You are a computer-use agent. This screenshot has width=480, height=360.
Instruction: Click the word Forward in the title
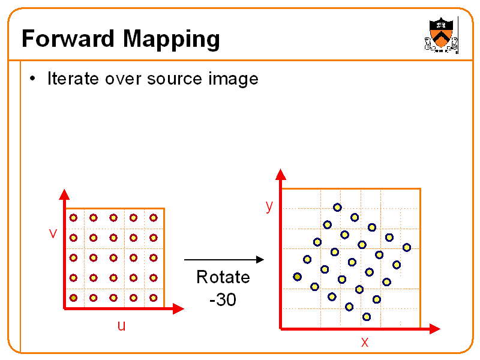click(68, 39)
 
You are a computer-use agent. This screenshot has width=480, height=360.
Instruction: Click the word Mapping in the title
click(172, 40)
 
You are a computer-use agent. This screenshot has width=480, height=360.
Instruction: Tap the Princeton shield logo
click(442, 35)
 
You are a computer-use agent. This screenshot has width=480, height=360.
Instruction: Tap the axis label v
click(53, 233)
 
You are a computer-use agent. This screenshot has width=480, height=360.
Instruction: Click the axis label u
click(121, 326)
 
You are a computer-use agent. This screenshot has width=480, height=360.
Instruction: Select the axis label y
click(269, 206)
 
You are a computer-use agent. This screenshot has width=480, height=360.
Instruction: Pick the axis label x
click(365, 343)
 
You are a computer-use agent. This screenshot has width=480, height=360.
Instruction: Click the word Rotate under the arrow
click(223, 277)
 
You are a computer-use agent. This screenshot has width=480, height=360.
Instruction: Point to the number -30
click(223, 299)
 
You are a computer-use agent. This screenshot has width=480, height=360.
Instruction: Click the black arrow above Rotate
click(223, 260)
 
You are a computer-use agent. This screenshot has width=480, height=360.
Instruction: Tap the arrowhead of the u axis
click(178, 309)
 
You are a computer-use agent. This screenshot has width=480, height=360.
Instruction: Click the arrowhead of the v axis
click(64, 194)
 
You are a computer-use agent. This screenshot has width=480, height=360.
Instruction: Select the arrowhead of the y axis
click(280, 175)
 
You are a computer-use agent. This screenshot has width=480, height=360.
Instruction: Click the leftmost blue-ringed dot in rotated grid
click(297, 277)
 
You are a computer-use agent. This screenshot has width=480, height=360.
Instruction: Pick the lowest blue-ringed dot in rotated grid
click(367, 317)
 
